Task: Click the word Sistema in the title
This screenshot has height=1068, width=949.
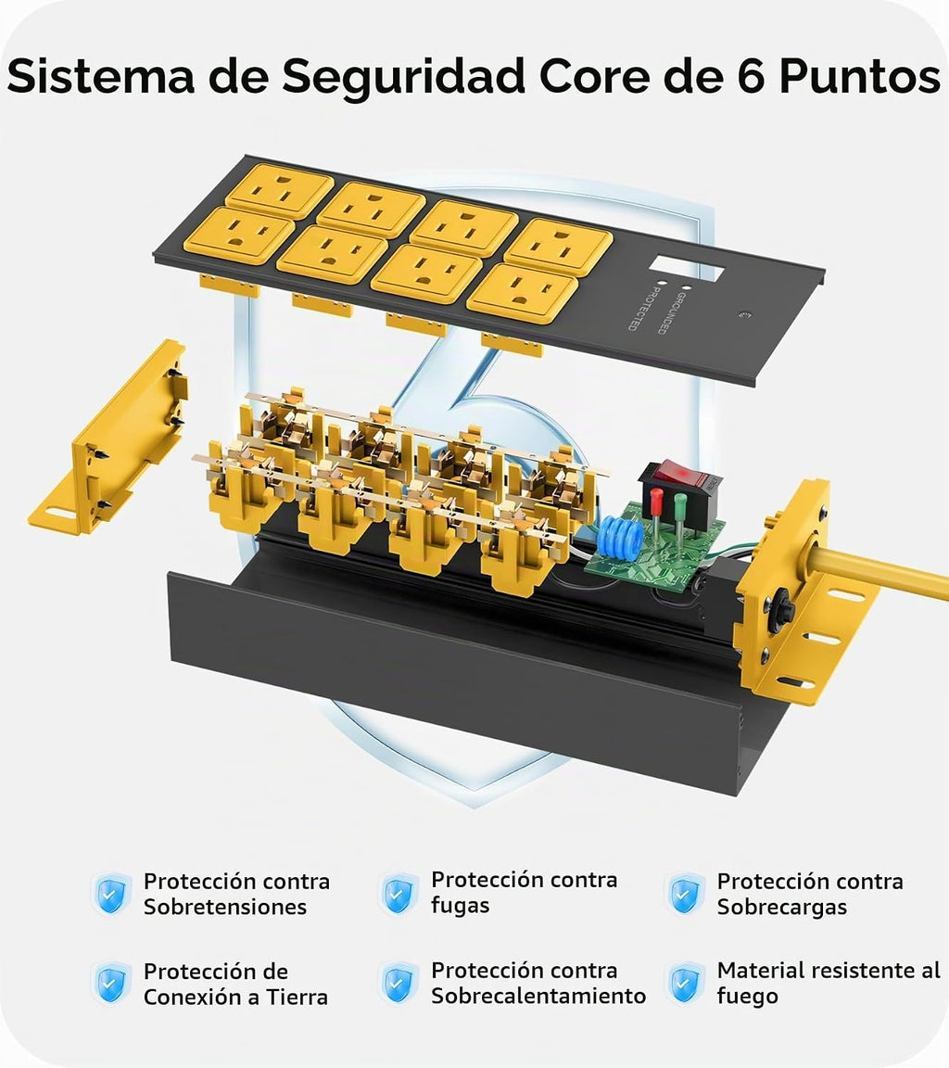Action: point(101,76)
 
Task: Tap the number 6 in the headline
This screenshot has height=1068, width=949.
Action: point(750,76)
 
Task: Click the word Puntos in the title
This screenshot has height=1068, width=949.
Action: point(860,76)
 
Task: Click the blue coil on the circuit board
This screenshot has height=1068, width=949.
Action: point(617,537)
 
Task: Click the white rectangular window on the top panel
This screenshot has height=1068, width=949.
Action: point(686,267)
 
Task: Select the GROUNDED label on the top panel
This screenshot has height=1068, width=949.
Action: point(670,312)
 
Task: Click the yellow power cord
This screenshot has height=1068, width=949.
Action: point(879,571)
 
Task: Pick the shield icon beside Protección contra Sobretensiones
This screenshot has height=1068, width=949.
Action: point(111,895)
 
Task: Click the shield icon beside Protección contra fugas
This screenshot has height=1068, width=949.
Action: point(399,894)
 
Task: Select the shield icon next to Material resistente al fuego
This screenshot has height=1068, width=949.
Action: point(685,983)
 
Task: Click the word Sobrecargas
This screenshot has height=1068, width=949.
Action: point(781,908)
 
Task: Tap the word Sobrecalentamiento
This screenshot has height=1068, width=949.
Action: point(538,996)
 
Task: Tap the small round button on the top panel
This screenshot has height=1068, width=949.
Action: point(744,315)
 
